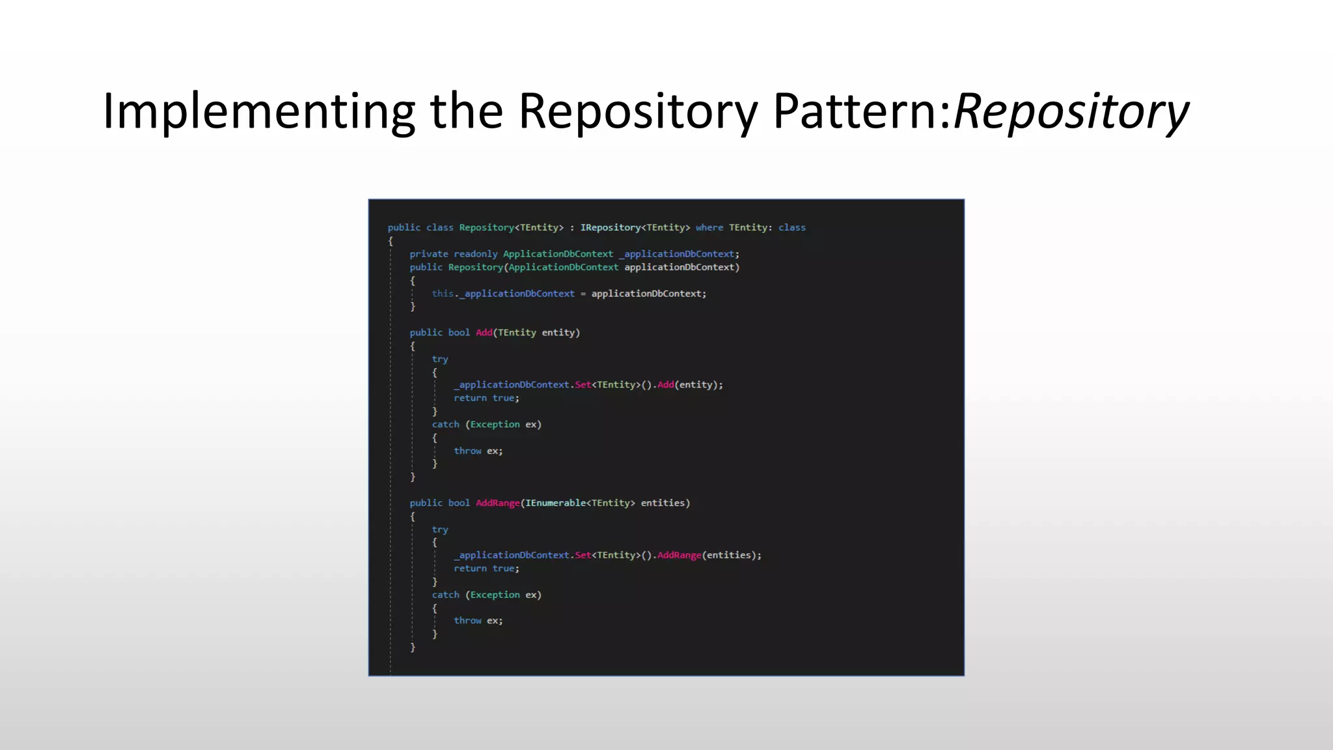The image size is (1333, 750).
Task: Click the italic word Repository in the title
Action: click(x=1071, y=112)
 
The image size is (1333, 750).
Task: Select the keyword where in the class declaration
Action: click(x=709, y=227)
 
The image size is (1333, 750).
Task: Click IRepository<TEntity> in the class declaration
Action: click(x=635, y=227)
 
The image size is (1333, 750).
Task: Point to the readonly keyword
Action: click(x=475, y=254)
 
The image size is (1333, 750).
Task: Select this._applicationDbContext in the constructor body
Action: click(x=502, y=294)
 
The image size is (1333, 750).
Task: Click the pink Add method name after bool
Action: click(x=484, y=333)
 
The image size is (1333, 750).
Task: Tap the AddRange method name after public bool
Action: click(x=497, y=503)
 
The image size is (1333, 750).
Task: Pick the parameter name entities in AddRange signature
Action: click(x=663, y=503)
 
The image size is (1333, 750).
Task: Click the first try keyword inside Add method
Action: click(x=440, y=359)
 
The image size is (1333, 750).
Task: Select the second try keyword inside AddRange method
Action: click(x=440, y=529)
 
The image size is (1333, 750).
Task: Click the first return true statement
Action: click(x=486, y=398)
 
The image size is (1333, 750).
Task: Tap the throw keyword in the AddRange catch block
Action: click(x=467, y=620)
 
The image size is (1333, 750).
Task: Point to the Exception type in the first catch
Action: click(x=495, y=424)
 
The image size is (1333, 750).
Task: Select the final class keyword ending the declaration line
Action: click(x=791, y=227)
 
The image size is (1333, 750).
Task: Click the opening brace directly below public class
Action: click(x=391, y=241)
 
